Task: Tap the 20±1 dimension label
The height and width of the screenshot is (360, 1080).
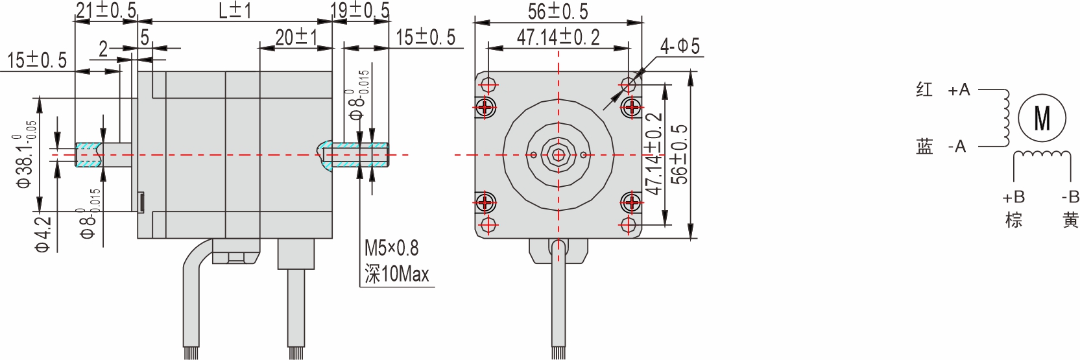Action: [x=295, y=38]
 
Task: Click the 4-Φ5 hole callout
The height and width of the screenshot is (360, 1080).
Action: [x=679, y=46]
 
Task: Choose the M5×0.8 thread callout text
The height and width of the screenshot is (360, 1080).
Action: [x=391, y=248]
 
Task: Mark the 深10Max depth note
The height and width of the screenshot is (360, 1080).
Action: [x=396, y=275]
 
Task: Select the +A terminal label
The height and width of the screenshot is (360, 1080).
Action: [x=959, y=91]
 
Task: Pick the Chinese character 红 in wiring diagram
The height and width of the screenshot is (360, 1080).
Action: [x=924, y=90]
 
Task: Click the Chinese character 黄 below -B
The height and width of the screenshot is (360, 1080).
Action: [x=1070, y=220]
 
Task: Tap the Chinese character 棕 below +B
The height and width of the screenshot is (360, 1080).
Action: [x=1013, y=220]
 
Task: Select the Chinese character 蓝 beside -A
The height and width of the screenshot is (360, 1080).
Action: [x=924, y=147]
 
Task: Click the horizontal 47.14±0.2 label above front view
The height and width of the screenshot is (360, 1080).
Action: [x=558, y=38]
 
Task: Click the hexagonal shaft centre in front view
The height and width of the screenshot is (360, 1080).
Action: [x=557, y=155]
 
